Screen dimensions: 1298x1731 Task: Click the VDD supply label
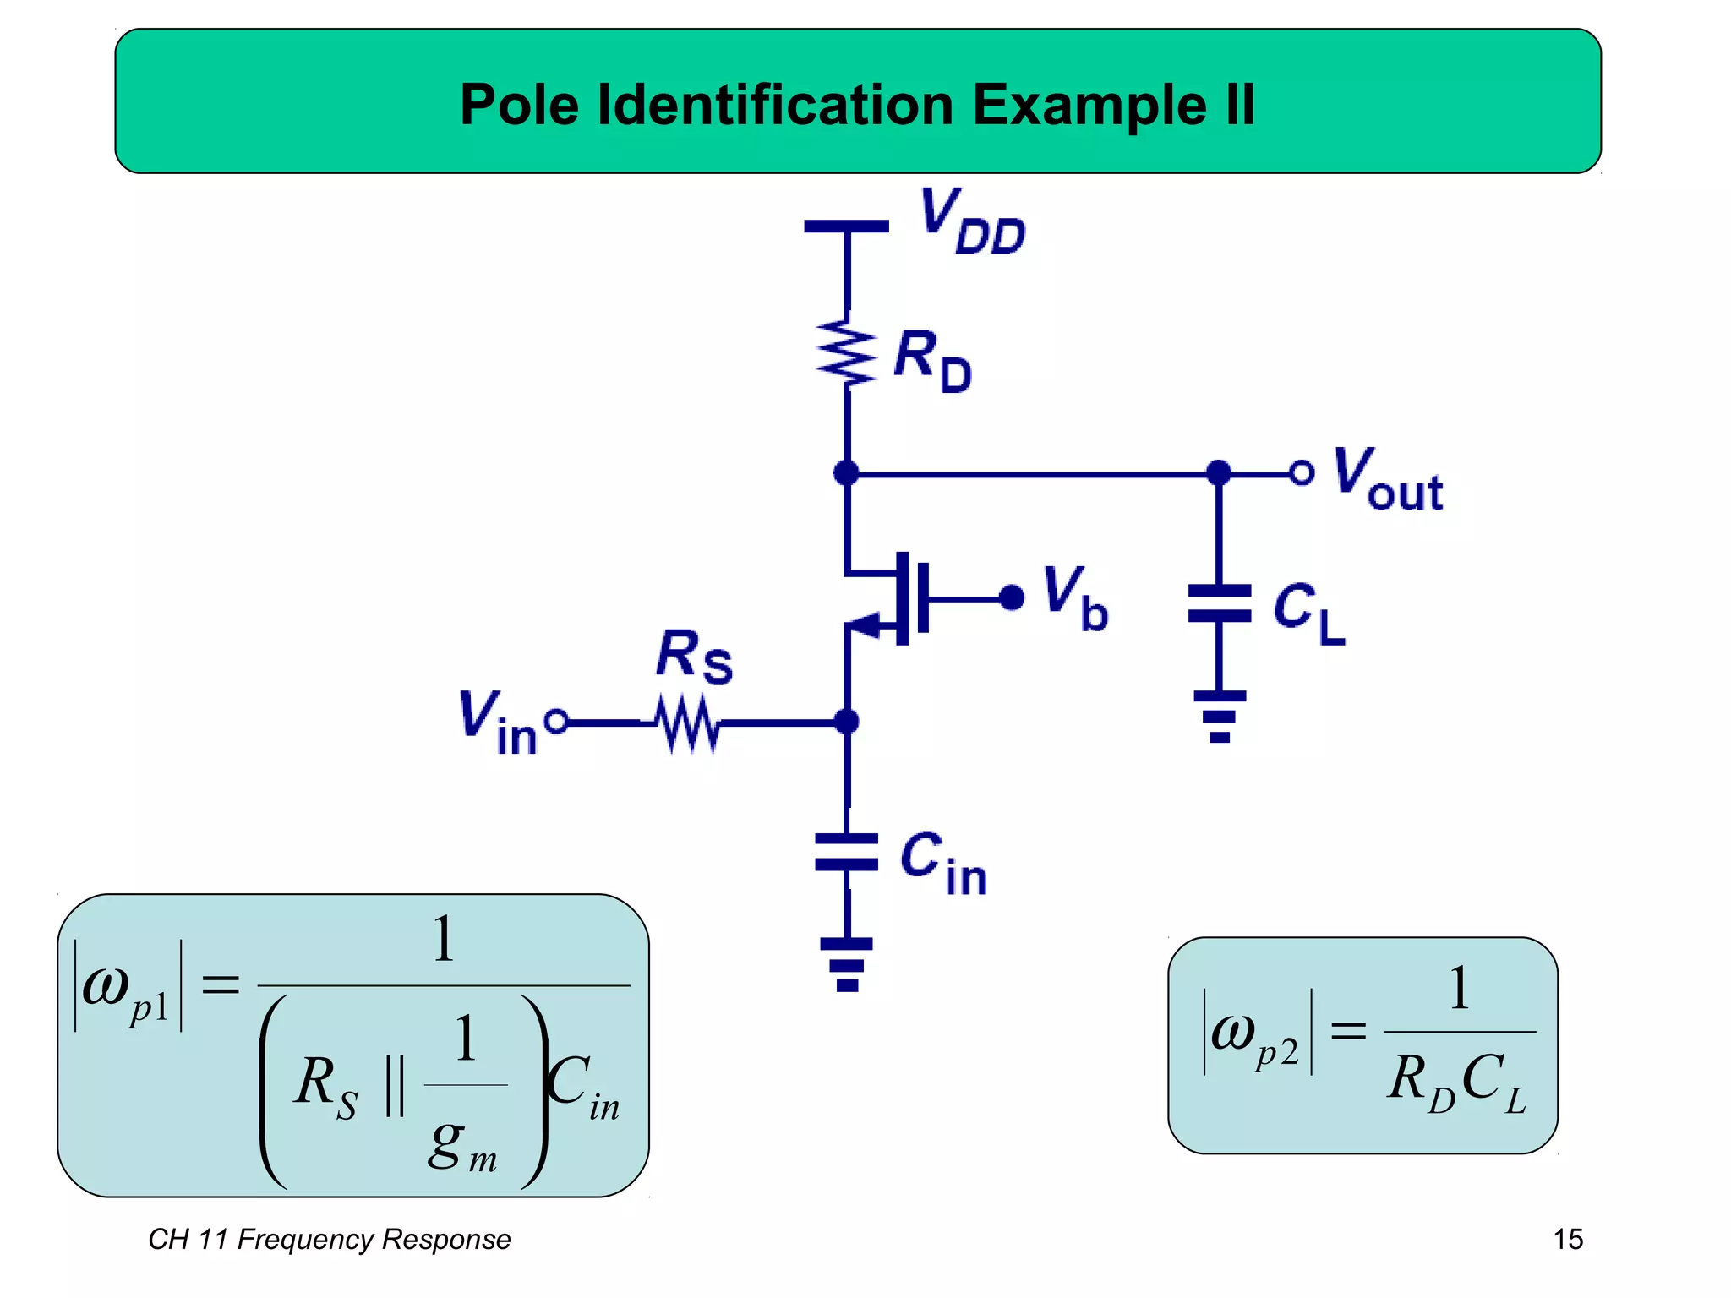tap(972, 221)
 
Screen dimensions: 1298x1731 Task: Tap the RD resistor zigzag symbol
tap(846, 353)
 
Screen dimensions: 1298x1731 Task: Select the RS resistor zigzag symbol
tap(689, 723)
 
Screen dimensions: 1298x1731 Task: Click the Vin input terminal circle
tap(556, 722)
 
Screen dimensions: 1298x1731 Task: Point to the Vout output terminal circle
tap(1302, 472)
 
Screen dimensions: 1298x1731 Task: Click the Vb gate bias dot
tap(1012, 598)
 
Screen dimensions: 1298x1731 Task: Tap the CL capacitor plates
tap(1219, 603)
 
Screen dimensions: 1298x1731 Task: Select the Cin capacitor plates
tap(846, 852)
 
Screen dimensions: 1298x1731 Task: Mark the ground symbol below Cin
tap(846, 964)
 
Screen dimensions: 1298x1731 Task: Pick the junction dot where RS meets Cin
tap(846, 722)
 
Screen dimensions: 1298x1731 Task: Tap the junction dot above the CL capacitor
tap(1219, 472)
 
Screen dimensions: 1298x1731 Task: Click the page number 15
tap(1568, 1240)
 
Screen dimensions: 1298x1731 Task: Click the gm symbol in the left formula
tap(461, 1146)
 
